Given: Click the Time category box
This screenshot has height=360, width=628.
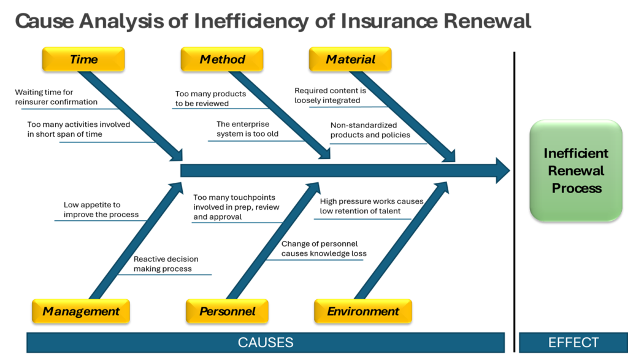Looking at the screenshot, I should pyautogui.click(x=83, y=59).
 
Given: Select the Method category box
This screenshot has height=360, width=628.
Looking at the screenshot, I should pyautogui.click(x=222, y=59).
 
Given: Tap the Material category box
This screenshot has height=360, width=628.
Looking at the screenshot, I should pyautogui.click(x=350, y=59).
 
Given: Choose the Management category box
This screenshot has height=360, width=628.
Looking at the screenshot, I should pyautogui.click(x=81, y=311).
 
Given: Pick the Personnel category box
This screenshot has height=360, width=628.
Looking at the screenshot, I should pyautogui.click(x=227, y=311).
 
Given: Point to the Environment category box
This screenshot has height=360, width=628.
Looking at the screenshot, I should pyautogui.click(x=363, y=311).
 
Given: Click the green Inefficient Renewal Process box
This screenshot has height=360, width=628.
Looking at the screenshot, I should pyautogui.click(x=576, y=170).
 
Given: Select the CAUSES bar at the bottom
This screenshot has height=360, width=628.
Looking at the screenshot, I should pyautogui.click(x=265, y=343).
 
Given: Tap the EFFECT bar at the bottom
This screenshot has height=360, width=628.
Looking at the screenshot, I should pyautogui.click(x=573, y=343).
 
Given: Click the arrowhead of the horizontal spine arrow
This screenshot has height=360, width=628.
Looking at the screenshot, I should pyautogui.click(x=502, y=170).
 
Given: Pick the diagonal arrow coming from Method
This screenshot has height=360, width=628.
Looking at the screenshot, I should pyautogui.click(x=279, y=114).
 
